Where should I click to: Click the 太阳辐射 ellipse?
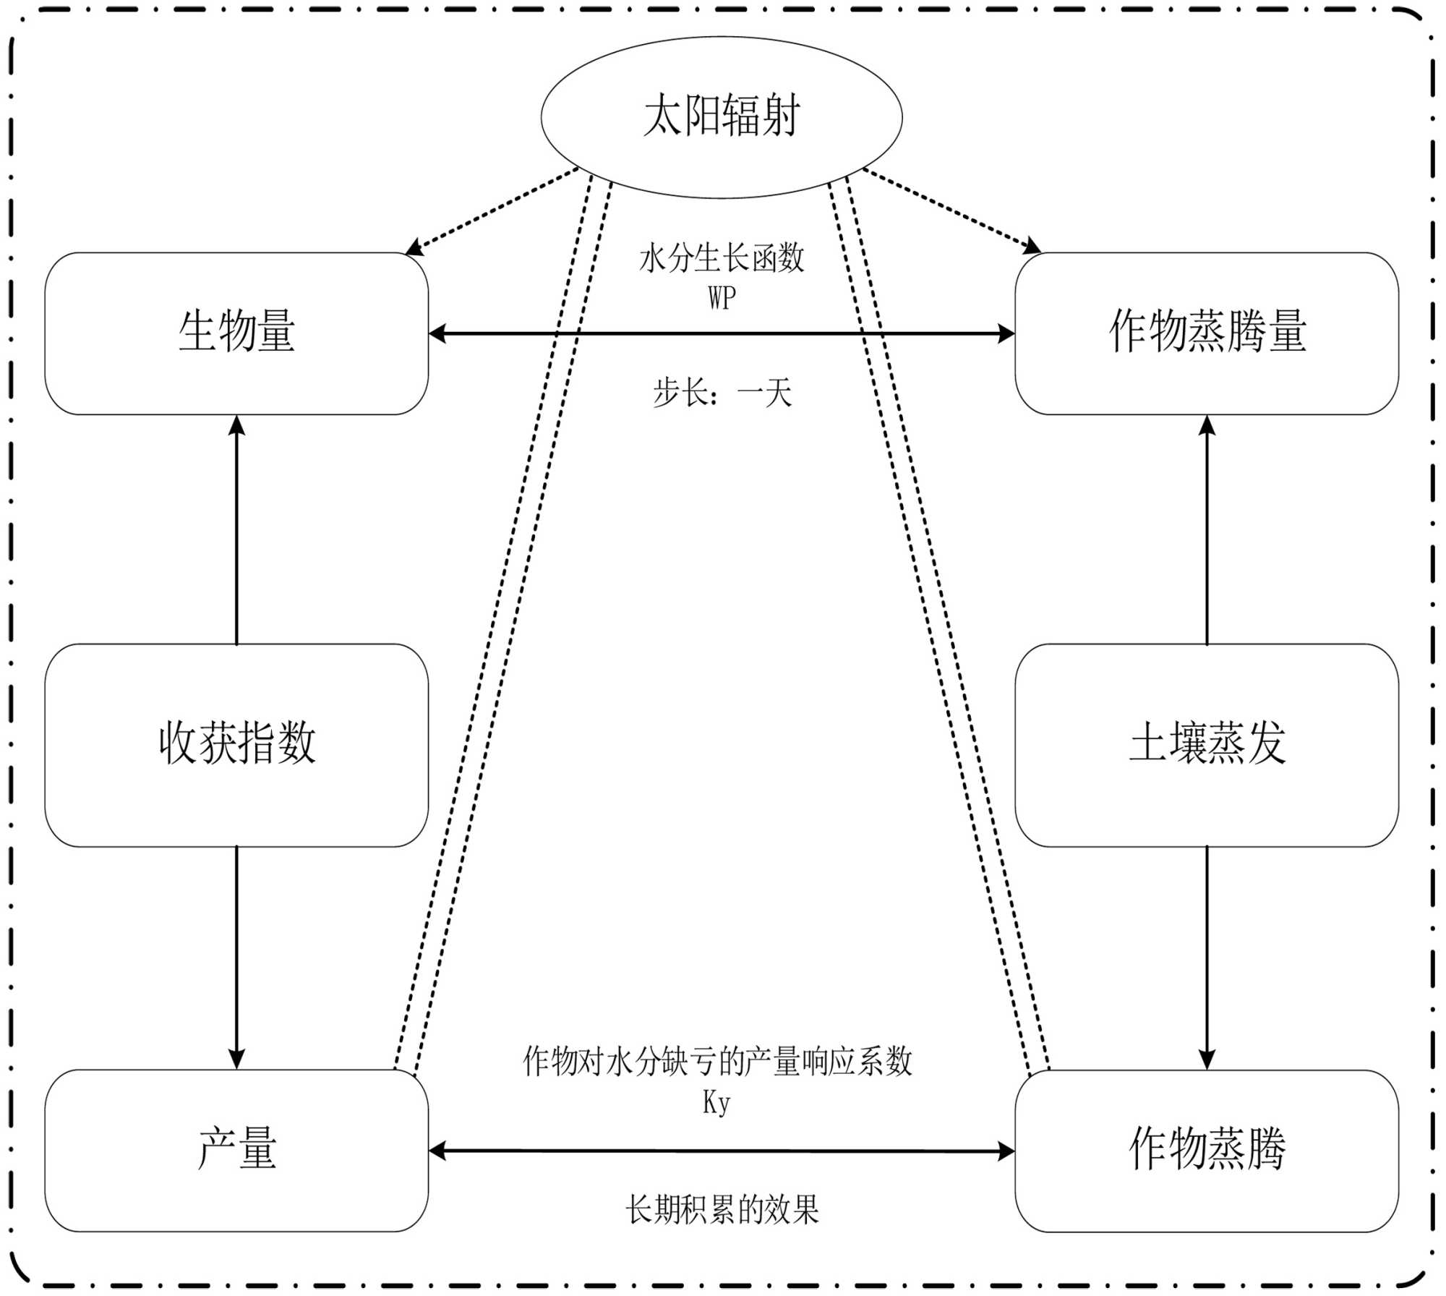[x=722, y=116]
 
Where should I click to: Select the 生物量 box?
[x=236, y=333]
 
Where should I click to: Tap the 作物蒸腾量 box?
[x=1207, y=333]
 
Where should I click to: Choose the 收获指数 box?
[x=236, y=744]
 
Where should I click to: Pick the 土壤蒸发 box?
[x=1207, y=744]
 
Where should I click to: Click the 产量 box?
[x=236, y=1150]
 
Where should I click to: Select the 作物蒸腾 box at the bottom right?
[x=1207, y=1150]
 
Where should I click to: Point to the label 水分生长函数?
[x=722, y=258]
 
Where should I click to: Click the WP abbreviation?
[x=722, y=297]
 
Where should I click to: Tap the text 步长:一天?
[x=722, y=393]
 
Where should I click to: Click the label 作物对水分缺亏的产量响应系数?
[x=717, y=1062]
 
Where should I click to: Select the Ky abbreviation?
[x=716, y=1102]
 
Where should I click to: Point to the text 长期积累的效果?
[x=722, y=1209]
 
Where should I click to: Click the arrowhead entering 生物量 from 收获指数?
[x=236, y=425]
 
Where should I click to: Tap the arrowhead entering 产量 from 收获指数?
[x=236, y=1059]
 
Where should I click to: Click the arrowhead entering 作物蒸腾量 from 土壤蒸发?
[x=1207, y=425]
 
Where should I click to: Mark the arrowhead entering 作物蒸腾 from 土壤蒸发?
[x=1207, y=1059]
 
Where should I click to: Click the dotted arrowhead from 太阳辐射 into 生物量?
[x=414, y=248]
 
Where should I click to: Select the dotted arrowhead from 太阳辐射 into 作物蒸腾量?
[x=1032, y=247]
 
